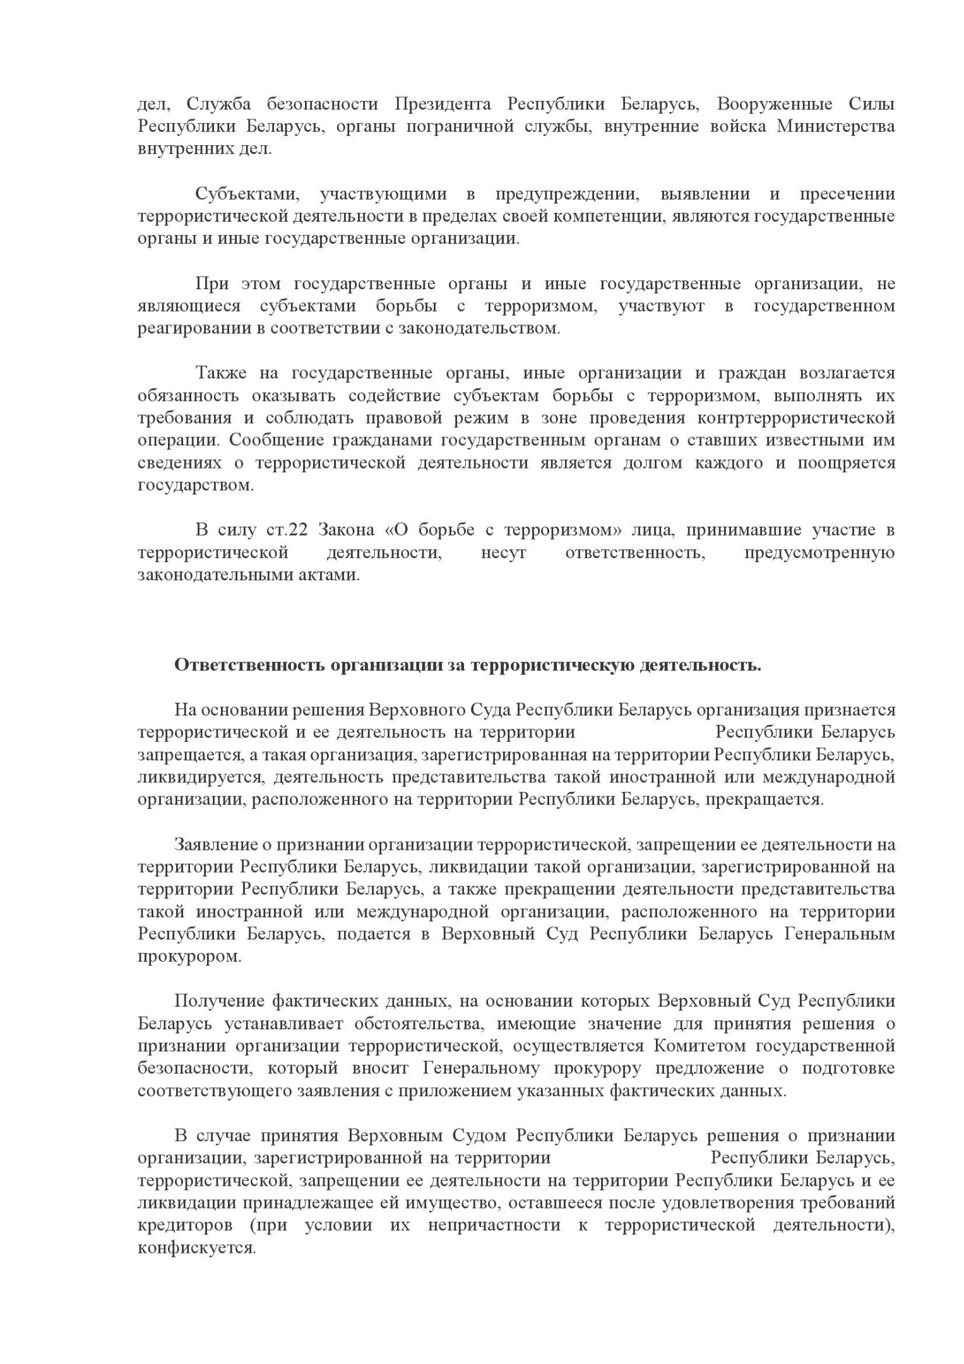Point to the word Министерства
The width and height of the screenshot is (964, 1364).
[835, 126]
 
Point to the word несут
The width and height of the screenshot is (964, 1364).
[503, 553]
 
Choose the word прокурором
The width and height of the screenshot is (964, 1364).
[189, 957]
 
